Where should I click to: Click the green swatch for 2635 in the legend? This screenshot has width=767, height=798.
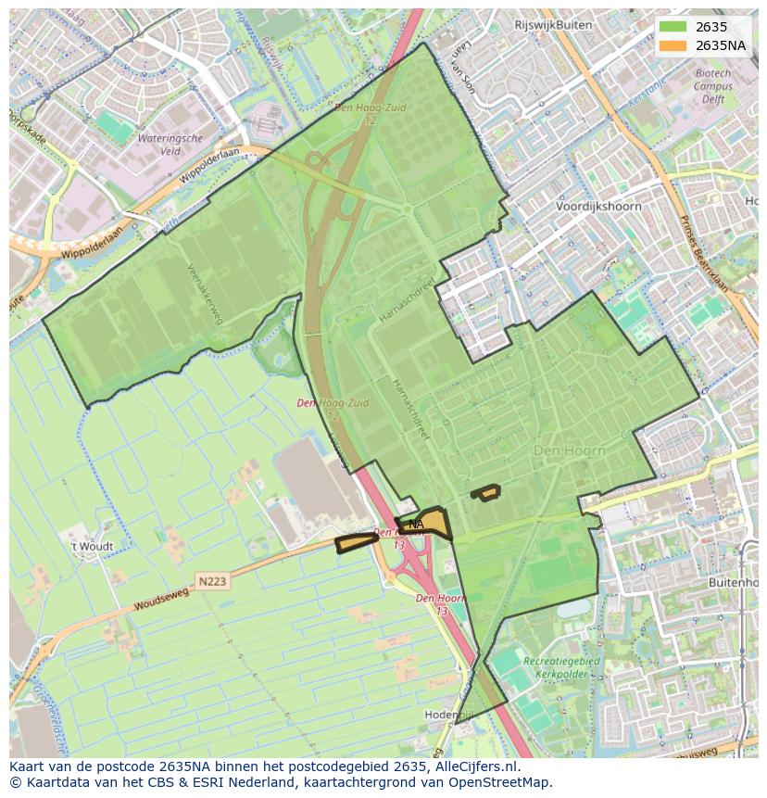point(673,27)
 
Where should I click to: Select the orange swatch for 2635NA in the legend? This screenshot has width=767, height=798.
point(673,45)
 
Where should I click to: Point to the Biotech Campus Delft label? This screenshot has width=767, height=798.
point(713,86)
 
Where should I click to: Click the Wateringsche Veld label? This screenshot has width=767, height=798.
point(170,145)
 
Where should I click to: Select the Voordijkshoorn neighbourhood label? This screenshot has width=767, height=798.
point(597,207)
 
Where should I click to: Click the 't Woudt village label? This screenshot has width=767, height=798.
point(93,546)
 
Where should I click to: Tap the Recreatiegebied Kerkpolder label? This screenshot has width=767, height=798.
point(561,668)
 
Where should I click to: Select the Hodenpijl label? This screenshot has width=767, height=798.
point(448,715)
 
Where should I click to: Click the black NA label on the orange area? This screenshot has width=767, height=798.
point(416,525)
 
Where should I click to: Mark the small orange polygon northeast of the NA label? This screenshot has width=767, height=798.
point(485,493)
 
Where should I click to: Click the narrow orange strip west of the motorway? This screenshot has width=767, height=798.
point(357,543)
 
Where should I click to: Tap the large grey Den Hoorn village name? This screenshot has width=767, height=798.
point(570,450)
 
